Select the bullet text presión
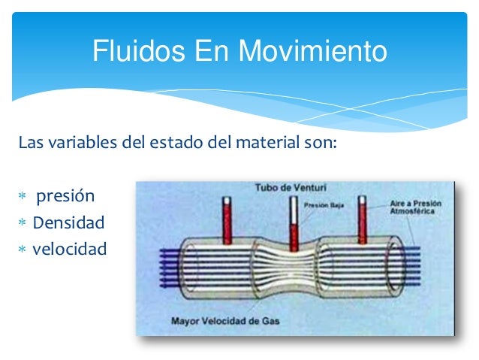click(x=66, y=198)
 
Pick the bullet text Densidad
click(x=68, y=222)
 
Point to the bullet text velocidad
click(x=70, y=248)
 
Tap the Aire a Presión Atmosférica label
click(x=415, y=208)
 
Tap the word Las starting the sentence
click(x=31, y=142)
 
